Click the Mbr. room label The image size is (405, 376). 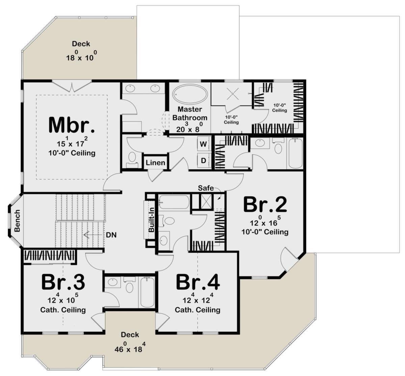pos(72,125)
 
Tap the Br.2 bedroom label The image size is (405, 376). pos(265,205)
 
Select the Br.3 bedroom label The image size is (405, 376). pos(63,282)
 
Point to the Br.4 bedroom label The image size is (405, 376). pos(198,282)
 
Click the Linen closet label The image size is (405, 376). pos(155,163)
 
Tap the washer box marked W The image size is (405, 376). pos(204,144)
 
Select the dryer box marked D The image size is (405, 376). pos(204,161)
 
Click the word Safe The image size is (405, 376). pos(206,188)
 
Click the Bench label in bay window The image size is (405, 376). pos(17,221)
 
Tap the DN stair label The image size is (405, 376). pos(111,235)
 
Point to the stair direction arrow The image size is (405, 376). pos(93,235)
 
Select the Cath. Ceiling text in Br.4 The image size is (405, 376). pos(197,310)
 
